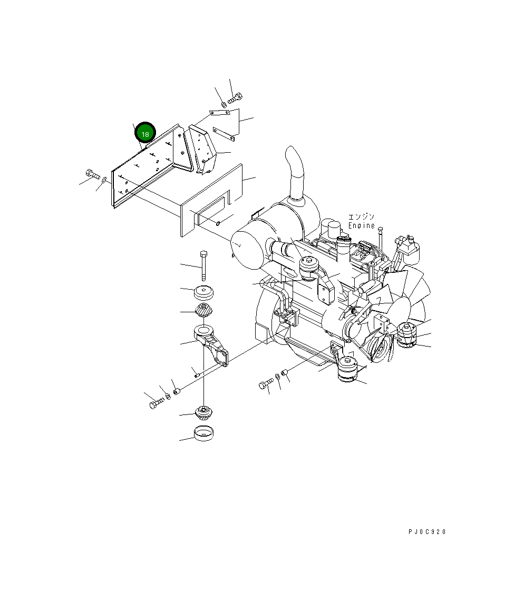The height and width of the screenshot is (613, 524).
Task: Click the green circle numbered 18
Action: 145,134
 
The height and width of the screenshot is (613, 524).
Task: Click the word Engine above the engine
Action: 362,225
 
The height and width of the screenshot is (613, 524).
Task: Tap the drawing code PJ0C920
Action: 427,532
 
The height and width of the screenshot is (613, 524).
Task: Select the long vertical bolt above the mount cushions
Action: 204,266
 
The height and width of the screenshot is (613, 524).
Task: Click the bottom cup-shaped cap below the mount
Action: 204,435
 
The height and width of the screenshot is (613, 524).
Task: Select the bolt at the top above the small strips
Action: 236,97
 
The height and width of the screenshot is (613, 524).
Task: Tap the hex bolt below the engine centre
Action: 265,384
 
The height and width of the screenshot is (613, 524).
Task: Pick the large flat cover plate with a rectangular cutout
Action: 211,200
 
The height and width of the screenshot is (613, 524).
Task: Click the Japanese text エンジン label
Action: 362,217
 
